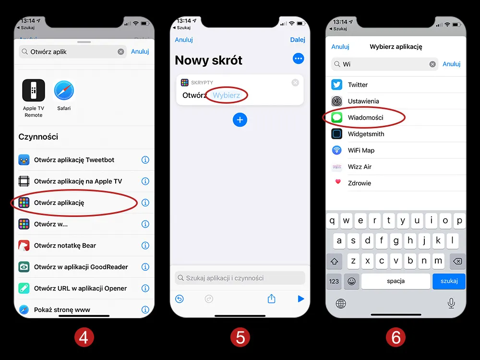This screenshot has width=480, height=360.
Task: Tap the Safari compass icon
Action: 64,91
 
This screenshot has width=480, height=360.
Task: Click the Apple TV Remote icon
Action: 34,90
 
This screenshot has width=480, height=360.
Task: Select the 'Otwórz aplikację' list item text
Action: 59,203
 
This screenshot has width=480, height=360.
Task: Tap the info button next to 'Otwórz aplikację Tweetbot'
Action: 145,160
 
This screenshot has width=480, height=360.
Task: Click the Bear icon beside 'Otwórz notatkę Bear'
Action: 24,245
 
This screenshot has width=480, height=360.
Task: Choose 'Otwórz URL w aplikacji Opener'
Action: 80,288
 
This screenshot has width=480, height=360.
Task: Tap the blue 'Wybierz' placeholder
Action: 226,95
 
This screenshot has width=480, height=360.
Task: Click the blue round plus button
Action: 240,120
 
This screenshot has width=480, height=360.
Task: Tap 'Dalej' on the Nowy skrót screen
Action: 298,40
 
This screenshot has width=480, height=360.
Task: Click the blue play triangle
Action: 301,299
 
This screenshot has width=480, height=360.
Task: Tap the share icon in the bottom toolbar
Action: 272,299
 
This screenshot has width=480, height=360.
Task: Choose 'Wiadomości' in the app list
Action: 365,118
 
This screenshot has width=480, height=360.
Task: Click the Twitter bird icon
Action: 337,84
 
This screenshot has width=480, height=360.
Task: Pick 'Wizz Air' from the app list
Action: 360,167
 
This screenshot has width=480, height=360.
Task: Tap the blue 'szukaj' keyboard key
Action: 449,281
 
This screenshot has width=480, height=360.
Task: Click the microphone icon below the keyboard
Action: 451,303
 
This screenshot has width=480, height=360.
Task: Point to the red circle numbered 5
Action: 240,337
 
